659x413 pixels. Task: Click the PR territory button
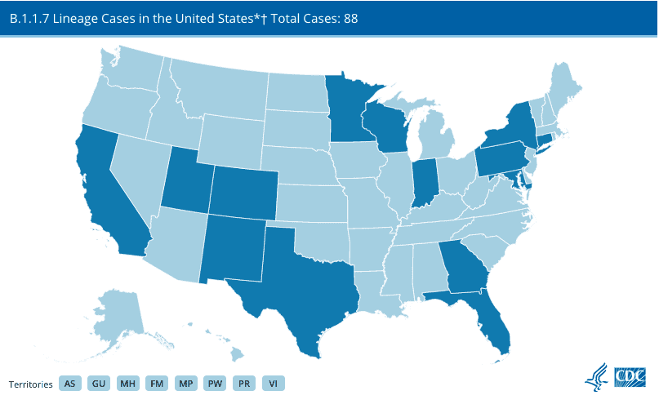[243, 383]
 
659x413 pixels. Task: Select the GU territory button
[99, 383]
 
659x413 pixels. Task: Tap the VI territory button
[273, 383]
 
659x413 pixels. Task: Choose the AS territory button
[70, 383]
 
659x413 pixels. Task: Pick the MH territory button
[127, 383]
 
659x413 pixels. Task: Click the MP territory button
[185, 383]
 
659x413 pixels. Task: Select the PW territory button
[215, 383]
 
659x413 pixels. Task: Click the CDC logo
[630, 375]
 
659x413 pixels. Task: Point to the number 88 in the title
[350, 17]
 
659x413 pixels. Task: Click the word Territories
[31, 384]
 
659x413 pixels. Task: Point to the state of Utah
[189, 180]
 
